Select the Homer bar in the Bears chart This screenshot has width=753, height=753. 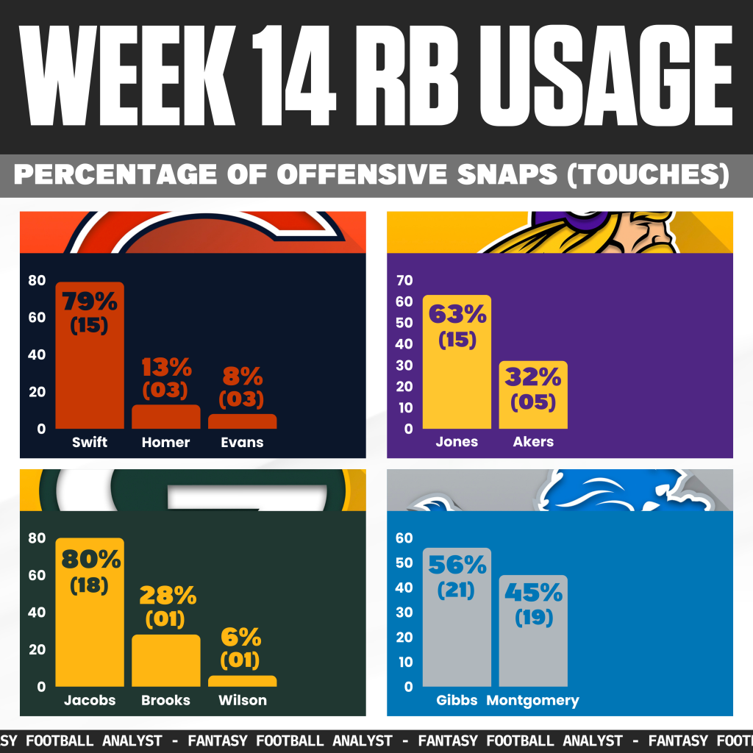pyautogui.click(x=165, y=417)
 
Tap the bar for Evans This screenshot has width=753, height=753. pyautogui.click(x=242, y=421)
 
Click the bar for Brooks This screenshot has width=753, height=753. pyautogui.click(x=165, y=660)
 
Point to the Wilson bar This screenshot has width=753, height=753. pyautogui.click(x=242, y=681)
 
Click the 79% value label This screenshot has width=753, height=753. pyautogui.click(x=90, y=301)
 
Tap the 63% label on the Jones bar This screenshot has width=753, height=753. pyautogui.click(x=457, y=315)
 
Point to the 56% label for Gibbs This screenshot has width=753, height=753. pyautogui.click(x=457, y=565)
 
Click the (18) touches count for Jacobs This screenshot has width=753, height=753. pyautogui.click(x=90, y=586)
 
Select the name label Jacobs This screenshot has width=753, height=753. pyautogui.click(x=90, y=700)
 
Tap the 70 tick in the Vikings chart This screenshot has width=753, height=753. pyautogui.click(x=405, y=280)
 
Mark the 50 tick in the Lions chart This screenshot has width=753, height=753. pyautogui.click(x=405, y=563)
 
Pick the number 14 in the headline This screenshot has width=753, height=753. pyautogui.click(x=282, y=75)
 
